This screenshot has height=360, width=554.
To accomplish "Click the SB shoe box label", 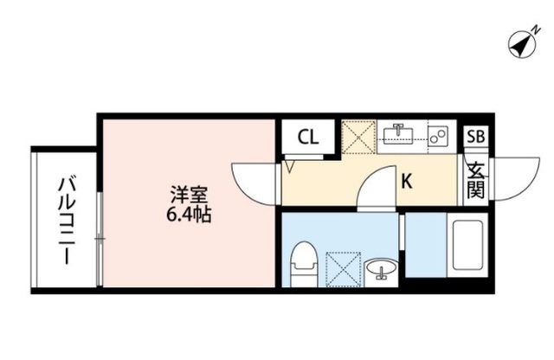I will (x=475, y=137).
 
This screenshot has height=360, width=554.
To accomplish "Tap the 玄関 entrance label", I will (x=477, y=180).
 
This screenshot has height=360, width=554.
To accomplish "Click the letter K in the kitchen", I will (x=405, y=183).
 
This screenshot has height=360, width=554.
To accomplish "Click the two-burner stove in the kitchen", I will (x=437, y=134).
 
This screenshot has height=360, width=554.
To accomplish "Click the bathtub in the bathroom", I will (x=469, y=247).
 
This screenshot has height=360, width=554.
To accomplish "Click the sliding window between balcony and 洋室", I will (x=100, y=238).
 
